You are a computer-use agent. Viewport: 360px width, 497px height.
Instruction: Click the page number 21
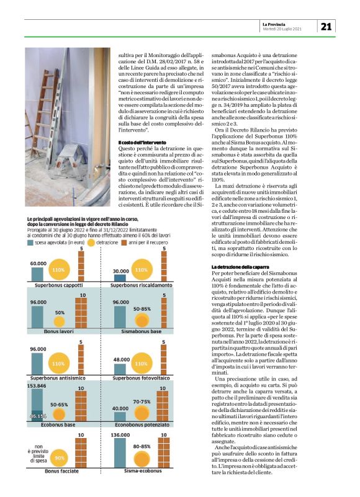click(x=326, y=27)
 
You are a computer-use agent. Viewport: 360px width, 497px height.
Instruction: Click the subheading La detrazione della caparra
click(x=236, y=266)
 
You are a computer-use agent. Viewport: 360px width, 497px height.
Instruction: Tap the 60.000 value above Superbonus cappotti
click(x=38, y=264)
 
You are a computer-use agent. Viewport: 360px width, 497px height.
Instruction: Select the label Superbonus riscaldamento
click(x=140, y=286)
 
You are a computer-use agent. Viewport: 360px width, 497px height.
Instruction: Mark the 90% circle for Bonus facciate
click(x=60, y=475)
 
